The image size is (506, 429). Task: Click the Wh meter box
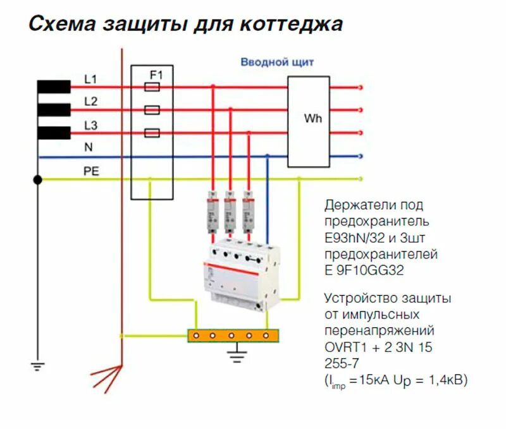(309, 121)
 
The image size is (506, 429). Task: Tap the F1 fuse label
(156, 75)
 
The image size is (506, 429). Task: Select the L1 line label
(90, 80)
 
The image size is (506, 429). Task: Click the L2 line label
(90, 101)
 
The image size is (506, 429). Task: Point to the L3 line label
(90, 126)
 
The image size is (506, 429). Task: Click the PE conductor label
(92, 171)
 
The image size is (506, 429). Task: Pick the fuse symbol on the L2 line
(152, 110)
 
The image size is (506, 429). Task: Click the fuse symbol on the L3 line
(152, 133)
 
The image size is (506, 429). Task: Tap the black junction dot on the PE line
(38, 180)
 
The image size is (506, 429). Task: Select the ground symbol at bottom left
(38, 365)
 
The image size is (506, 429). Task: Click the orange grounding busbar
(233, 335)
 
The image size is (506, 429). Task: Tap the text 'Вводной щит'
(276, 62)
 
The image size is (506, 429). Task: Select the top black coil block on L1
(54, 87)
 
